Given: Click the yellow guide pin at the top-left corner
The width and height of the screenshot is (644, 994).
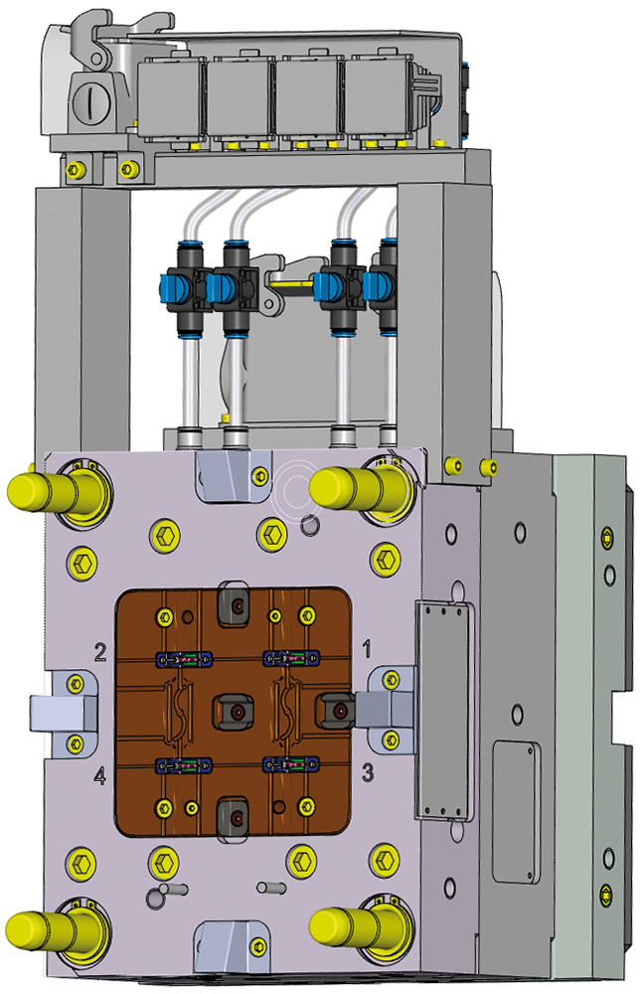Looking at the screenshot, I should [45, 489].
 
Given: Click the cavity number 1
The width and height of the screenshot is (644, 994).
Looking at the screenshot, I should [367, 650].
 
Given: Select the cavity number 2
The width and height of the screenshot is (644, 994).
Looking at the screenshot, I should [100, 652].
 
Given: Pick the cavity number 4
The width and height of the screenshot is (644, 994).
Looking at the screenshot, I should [100, 773].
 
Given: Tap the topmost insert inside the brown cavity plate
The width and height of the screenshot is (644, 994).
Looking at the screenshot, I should [236, 600].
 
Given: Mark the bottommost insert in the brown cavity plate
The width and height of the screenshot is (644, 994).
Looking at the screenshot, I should [236, 817].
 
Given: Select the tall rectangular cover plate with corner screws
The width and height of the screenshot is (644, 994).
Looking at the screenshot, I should [438, 710].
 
